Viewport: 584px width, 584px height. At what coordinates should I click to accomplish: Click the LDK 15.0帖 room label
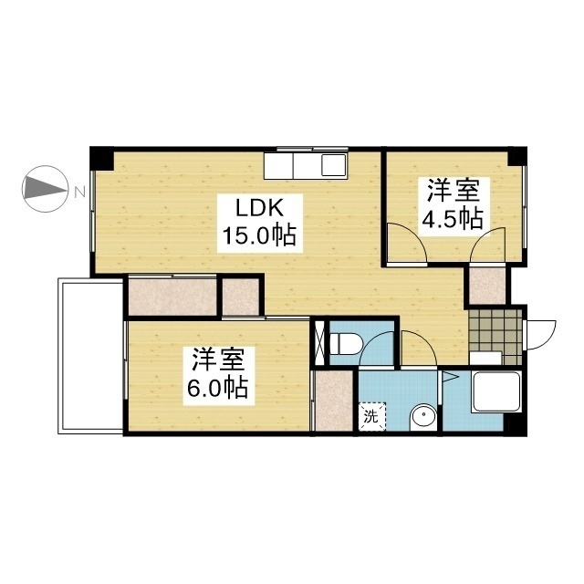point(259,224)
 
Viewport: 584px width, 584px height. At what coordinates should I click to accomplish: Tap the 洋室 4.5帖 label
point(453,205)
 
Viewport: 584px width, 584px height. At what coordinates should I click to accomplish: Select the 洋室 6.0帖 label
point(218,375)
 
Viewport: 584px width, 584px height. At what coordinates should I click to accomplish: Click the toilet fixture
point(345,343)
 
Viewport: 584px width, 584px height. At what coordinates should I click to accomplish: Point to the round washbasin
point(423,417)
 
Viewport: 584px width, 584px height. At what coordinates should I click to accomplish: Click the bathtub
point(495,391)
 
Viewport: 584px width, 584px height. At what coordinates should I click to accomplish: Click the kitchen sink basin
point(334,164)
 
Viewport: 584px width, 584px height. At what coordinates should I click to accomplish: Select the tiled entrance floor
point(495,337)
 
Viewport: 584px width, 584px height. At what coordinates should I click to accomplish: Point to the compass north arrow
point(46,189)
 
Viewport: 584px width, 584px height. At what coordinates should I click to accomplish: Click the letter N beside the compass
point(79,192)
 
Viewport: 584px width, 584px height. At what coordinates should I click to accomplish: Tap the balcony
point(91,356)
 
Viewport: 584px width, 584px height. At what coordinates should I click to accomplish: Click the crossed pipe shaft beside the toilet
point(320,342)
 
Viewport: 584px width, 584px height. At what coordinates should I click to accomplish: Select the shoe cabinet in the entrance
point(485,358)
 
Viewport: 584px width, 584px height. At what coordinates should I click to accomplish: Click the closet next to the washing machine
point(334,401)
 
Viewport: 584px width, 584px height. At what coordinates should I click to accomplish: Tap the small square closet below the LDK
point(241,297)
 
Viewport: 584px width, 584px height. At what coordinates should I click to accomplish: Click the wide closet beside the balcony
point(172,297)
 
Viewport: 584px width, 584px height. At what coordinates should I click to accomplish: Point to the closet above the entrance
point(487,286)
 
